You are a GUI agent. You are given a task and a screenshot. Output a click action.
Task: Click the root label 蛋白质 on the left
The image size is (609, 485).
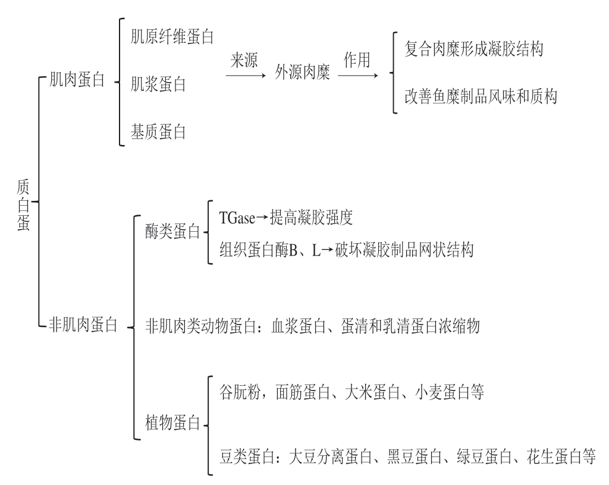[x=22, y=201]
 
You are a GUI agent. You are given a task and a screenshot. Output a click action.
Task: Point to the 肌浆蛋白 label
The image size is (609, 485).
[x=158, y=84]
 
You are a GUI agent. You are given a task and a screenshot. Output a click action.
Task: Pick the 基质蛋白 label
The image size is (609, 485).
[x=158, y=131]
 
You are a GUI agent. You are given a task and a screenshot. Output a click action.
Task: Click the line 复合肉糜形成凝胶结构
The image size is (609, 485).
[x=473, y=49]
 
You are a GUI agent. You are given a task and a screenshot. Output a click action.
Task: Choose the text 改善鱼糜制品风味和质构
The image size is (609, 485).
[x=481, y=96]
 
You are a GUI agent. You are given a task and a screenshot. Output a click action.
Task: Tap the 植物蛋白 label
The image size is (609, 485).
[x=172, y=424]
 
